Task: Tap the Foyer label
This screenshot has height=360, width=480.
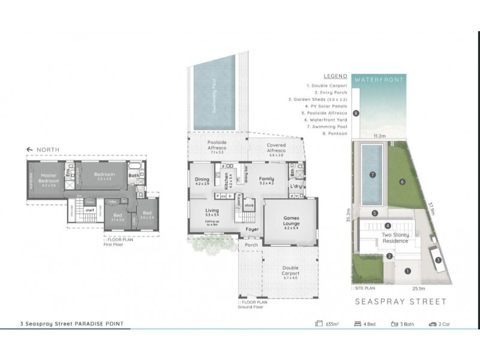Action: point(251,229)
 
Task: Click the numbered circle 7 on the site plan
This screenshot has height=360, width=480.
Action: point(373,175)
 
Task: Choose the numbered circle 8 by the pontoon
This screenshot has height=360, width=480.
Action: point(356,113)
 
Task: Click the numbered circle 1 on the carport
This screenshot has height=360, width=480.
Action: point(407,271)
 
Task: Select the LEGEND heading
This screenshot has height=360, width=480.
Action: point(335,77)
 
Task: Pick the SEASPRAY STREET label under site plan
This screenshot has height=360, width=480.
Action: point(401,302)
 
